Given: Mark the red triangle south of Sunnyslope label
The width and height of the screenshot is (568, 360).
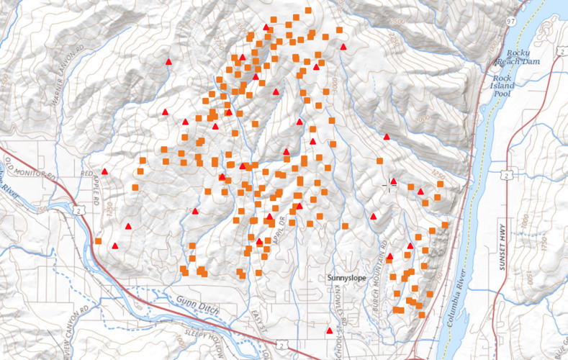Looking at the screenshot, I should point(330,330).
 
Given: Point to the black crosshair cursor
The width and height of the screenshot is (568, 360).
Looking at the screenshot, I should point(391,185).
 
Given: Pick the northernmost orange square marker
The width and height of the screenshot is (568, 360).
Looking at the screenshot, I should point(308,10).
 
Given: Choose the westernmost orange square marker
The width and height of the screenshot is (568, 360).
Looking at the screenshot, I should point(99,241).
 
